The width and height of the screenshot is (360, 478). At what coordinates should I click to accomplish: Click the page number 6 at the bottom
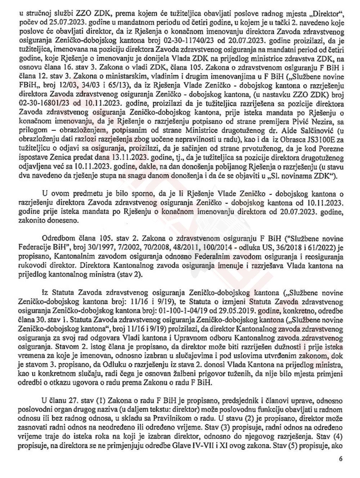tap(341, 459)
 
